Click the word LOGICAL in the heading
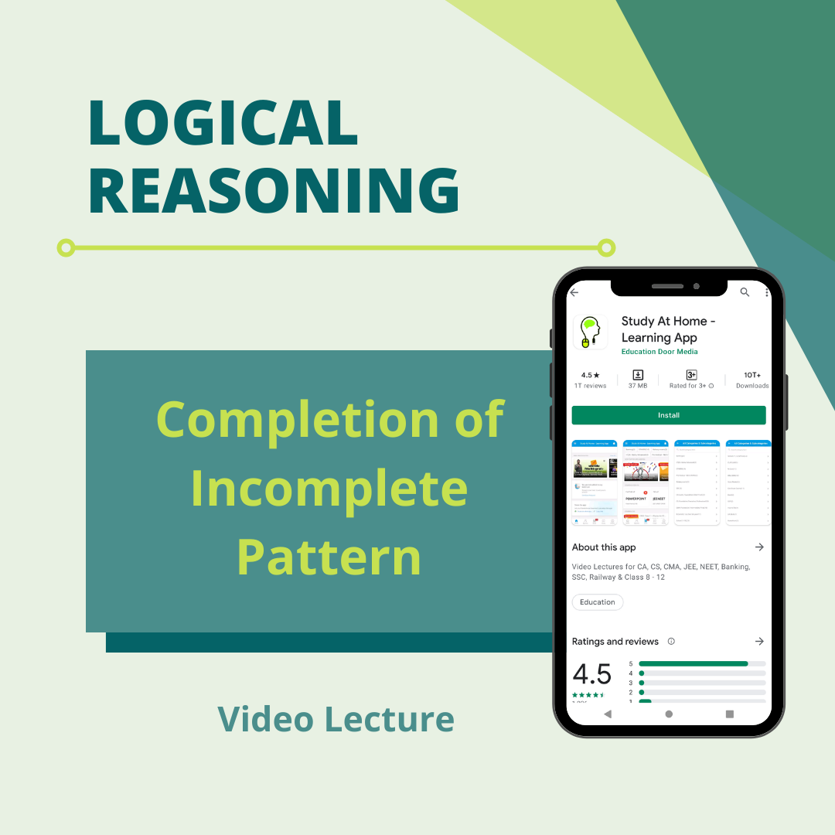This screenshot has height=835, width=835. pyautogui.click(x=223, y=122)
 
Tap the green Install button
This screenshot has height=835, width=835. pyautogui.click(x=668, y=415)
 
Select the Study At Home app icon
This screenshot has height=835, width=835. pyautogui.click(x=590, y=331)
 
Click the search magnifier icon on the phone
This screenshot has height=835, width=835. pyautogui.click(x=745, y=292)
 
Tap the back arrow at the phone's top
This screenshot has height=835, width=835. pyautogui.click(x=574, y=292)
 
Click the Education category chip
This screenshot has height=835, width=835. pyautogui.click(x=597, y=602)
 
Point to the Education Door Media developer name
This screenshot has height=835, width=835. pyautogui.click(x=659, y=352)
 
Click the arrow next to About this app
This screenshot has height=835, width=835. pyautogui.click(x=759, y=547)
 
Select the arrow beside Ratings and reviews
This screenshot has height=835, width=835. pyautogui.click(x=759, y=642)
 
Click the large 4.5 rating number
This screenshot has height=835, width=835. pyautogui.click(x=591, y=674)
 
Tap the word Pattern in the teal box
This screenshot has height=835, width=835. pyautogui.click(x=329, y=555)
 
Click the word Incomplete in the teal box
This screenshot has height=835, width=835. pyautogui.click(x=329, y=489)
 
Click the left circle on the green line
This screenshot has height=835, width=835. pyautogui.click(x=66, y=248)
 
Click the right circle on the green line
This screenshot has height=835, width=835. pyautogui.click(x=607, y=248)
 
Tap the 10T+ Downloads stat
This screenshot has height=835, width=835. pyautogui.click(x=751, y=380)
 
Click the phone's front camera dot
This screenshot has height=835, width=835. pyautogui.click(x=696, y=286)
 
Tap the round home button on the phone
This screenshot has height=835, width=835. pyautogui.click(x=669, y=714)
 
